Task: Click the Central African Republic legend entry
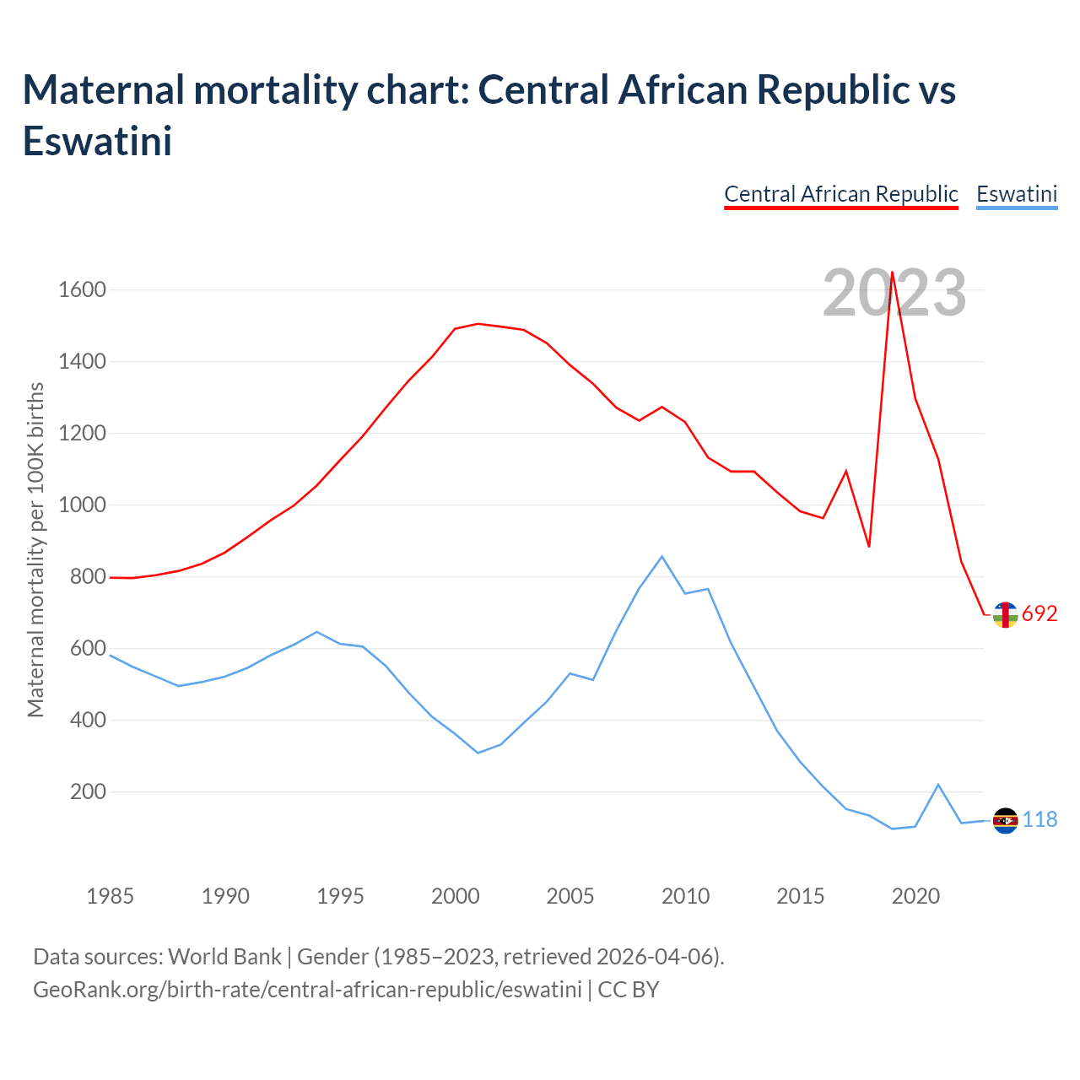[841, 194]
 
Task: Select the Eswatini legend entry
[1017, 194]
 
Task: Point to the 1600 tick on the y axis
[82, 290]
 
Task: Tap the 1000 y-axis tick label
[82, 505]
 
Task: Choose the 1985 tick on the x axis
[111, 895]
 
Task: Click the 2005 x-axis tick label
[570, 895]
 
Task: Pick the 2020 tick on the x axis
[915, 895]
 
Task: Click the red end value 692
[1039, 614]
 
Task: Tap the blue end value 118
[1040, 820]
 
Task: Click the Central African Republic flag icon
[1005, 615]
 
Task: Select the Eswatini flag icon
[1006, 820]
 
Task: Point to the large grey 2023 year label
[894, 293]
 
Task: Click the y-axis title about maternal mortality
[35, 550]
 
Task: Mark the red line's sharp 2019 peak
[893, 273]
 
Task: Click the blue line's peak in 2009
[662, 557]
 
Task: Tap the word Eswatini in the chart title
[98, 141]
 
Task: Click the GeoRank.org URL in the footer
[307, 989]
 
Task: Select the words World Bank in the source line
[224, 957]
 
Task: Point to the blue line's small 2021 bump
[938, 785]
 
